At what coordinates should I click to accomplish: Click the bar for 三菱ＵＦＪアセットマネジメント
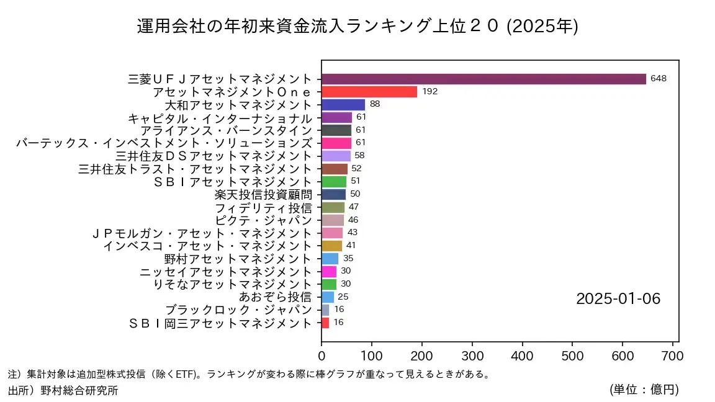point(483,79)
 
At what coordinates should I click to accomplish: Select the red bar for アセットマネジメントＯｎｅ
point(369,92)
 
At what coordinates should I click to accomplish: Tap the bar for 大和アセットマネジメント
point(343,105)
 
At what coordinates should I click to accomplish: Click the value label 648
point(659,79)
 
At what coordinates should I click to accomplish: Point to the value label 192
point(430,92)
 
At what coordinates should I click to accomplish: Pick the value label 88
point(375,104)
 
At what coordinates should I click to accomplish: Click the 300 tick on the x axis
point(472,356)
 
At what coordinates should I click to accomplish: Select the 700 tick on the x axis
point(672,356)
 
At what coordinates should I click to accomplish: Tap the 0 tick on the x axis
point(322,356)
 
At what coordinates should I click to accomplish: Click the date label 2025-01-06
point(618,298)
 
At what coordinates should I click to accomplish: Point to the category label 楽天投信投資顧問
point(263,194)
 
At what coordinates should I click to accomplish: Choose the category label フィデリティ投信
point(263,207)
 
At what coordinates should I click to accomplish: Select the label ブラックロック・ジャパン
point(238,310)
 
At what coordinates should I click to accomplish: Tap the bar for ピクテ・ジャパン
point(333,220)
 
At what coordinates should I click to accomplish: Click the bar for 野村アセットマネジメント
point(330,258)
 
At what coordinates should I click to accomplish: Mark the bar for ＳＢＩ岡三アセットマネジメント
point(325,323)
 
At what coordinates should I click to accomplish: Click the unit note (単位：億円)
point(644,390)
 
